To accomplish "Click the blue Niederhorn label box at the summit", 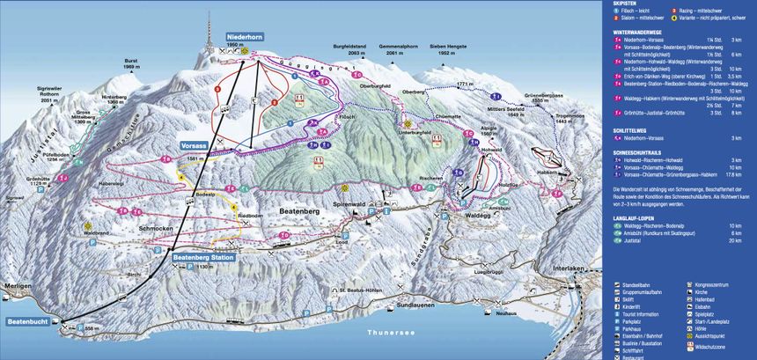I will click(x=245, y=36).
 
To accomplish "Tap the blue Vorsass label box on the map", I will click(x=195, y=143).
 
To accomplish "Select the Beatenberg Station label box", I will click(x=203, y=257).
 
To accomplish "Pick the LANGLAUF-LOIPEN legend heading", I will click(x=639, y=217).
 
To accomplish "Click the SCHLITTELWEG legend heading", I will click(x=635, y=130).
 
